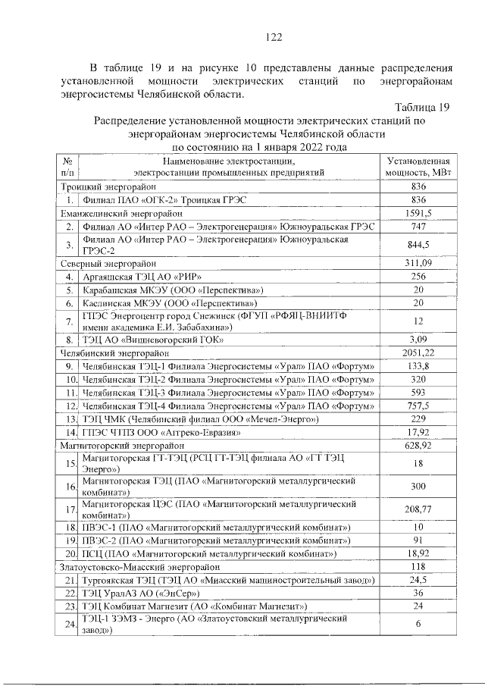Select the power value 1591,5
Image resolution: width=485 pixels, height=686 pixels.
click(418, 213)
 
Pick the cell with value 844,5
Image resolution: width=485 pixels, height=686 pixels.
click(418, 244)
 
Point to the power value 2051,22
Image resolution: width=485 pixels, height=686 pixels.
click(418, 353)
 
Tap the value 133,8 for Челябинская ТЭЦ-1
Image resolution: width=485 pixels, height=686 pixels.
click(418, 366)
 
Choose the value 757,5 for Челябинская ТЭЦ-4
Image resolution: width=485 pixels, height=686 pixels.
click(418, 406)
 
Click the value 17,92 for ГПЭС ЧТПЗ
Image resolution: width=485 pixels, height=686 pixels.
click(418, 432)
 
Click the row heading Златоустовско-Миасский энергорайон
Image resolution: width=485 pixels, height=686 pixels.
click(134, 567)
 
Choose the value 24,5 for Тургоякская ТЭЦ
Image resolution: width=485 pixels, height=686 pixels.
click(418, 580)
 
